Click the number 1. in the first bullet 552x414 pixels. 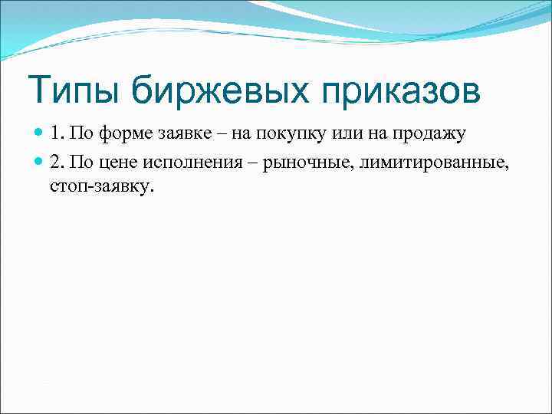[x=58, y=134]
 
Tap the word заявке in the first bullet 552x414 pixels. [x=177, y=134]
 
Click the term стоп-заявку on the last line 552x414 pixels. [x=102, y=187]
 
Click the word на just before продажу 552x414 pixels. [x=366, y=134]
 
